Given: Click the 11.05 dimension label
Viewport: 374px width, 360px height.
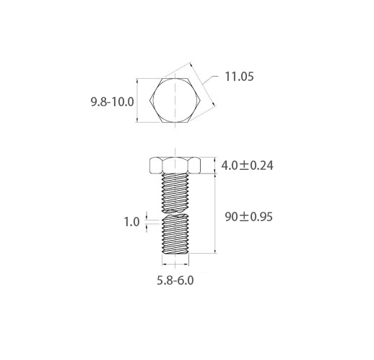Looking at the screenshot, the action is click(x=239, y=77).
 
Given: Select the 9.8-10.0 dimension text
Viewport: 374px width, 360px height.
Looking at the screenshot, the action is click(x=112, y=102).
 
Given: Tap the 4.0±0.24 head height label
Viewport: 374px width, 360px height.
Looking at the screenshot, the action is click(x=247, y=166).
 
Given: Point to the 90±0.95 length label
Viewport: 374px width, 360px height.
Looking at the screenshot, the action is click(x=249, y=217).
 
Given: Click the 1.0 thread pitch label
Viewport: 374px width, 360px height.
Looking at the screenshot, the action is click(x=131, y=222).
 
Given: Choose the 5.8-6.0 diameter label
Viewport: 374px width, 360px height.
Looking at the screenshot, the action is click(x=175, y=280).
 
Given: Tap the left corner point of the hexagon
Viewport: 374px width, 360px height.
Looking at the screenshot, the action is click(x=149, y=100).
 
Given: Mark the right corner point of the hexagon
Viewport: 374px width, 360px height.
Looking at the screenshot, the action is click(x=201, y=100).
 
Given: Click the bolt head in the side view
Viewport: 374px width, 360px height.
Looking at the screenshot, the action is click(x=175, y=166).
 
